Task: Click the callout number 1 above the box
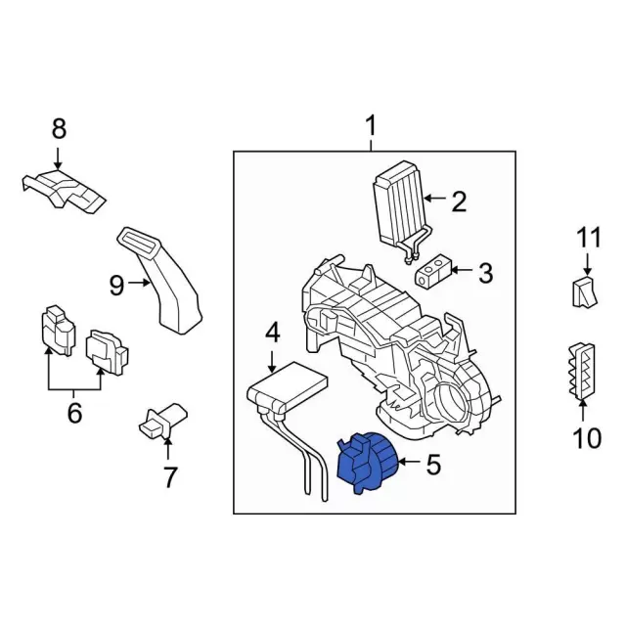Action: [371, 126]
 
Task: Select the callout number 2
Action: [458, 202]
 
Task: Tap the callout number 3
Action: [485, 273]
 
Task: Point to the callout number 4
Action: [272, 333]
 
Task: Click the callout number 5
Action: [433, 464]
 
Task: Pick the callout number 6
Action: [74, 414]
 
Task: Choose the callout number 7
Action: [169, 478]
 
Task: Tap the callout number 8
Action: [59, 127]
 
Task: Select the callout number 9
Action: [117, 285]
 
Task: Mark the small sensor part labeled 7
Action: [161, 422]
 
